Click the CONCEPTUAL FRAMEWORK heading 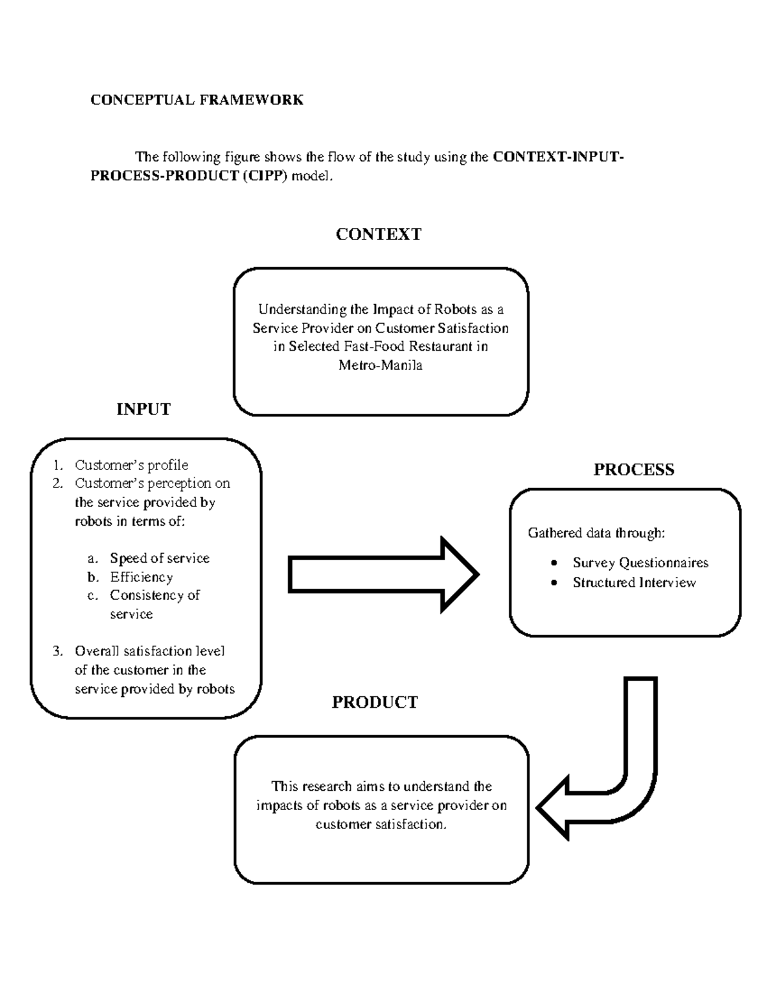[196, 100]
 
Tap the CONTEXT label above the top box [378, 234]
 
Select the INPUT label [143, 409]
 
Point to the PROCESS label [633, 469]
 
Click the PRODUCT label [375, 703]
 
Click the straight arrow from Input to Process [383, 575]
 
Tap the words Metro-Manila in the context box [380, 365]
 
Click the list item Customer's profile [131, 465]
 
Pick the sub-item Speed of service [159, 558]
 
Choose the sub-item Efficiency [141, 577]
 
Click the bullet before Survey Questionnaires [554, 563]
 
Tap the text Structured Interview [633, 583]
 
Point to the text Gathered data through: [596, 533]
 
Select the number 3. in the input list [58, 652]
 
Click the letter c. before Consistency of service [93, 595]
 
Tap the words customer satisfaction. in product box [381, 824]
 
